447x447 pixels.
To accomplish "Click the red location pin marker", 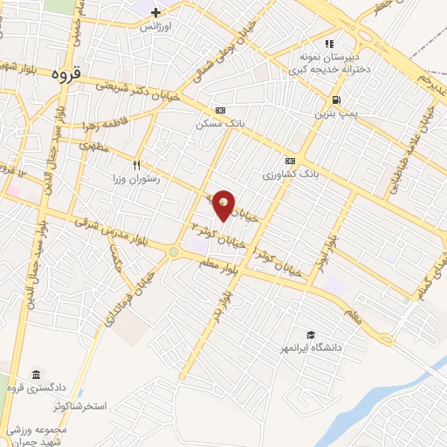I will coord(224,205).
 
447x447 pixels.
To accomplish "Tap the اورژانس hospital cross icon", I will coord(155,12).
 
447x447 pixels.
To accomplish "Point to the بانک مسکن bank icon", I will coord(219,111).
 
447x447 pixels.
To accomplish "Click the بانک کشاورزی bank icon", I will coord(289,162).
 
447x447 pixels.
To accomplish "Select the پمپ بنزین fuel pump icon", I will coord(336,100).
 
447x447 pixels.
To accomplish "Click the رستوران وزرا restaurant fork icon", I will coord(136,164).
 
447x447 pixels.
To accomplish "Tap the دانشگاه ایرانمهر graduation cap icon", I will coord(310,334).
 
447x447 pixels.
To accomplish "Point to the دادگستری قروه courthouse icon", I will coord(35,374).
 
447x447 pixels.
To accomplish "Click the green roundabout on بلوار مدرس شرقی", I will coord(174,254).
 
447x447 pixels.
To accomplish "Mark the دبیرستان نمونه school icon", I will coord(329,44).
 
